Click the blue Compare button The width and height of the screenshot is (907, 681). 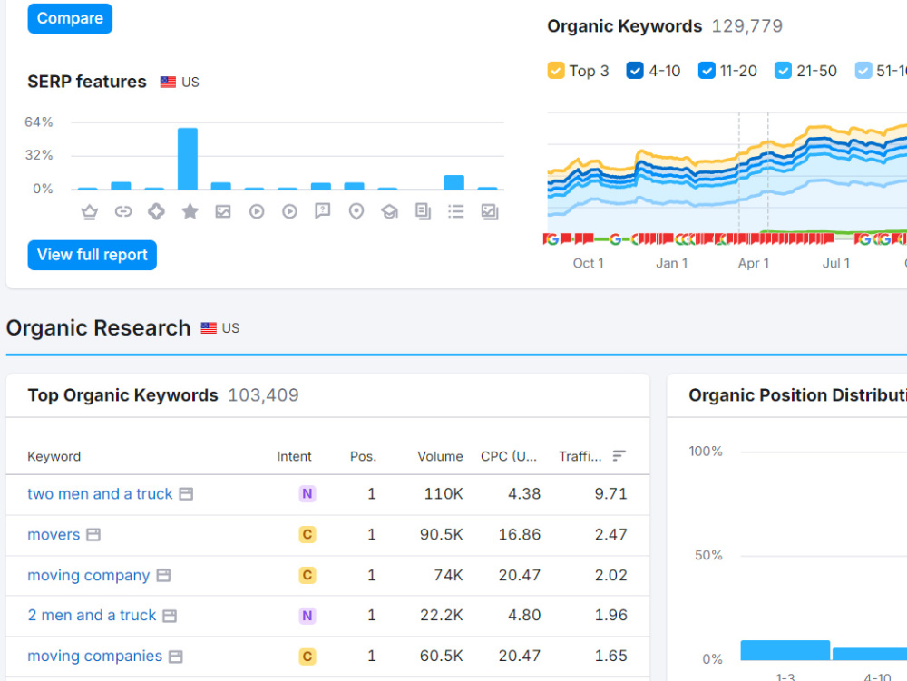point(70,18)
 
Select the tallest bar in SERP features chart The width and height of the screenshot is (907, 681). point(188,159)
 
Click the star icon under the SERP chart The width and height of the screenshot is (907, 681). point(190,211)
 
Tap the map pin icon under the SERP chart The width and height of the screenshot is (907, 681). point(356,211)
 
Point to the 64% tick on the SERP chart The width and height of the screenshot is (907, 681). point(39,122)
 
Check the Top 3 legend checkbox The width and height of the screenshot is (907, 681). point(556,71)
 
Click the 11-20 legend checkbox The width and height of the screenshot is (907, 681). point(707,71)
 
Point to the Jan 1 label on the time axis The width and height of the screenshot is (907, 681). point(671,264)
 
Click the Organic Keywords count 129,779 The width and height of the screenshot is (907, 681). point(746,26)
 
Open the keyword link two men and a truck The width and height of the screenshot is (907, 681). point(100,493)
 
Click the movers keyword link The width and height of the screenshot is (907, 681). point(54,535)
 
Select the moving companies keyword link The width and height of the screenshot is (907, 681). point(95,657)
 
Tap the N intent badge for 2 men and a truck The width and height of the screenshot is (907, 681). point(307,616)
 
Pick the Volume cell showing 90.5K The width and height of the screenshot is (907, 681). point(442,535)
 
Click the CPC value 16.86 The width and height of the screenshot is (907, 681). point(520,535)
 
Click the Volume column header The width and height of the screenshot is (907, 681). point(440,457)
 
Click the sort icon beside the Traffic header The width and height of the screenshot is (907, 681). point(619,456)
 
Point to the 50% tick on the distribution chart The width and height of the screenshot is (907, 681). point(708,556)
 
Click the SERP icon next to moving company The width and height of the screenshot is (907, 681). point(163,576)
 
